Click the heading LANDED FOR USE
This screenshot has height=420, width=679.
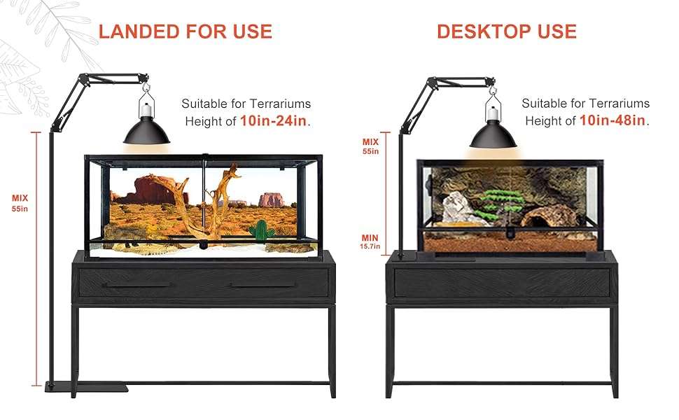185,31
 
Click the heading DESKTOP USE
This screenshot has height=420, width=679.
506,31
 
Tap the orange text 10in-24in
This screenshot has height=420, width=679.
274,120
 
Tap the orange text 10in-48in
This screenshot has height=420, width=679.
612,120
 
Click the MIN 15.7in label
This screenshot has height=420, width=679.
370,241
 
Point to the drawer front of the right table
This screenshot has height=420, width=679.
501,283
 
